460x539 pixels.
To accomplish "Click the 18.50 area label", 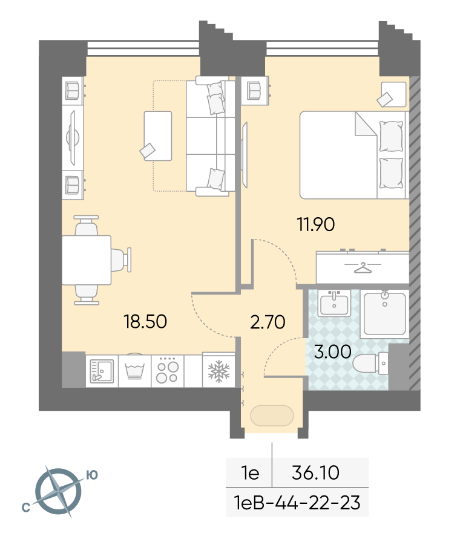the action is point(145,321).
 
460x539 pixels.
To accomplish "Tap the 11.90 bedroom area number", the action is point(316,224).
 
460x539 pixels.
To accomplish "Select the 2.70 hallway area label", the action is point(268,322).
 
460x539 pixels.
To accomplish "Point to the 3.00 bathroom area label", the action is point(333,351).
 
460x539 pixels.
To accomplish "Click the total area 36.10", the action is point(315,472).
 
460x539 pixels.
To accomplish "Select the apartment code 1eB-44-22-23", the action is point(297,503).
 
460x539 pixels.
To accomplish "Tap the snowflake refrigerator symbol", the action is point(218,371).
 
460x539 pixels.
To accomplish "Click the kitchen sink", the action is point(102,371).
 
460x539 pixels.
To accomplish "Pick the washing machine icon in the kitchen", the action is point(134,371).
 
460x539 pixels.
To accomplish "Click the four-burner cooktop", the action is point(167,371).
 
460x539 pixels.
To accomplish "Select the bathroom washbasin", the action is point(334,303).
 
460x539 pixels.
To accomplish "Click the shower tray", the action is point(384,313).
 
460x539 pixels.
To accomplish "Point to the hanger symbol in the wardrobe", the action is point(363,267).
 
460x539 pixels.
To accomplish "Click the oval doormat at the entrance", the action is point(272,416).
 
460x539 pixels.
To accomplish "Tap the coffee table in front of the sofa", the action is point(158,136).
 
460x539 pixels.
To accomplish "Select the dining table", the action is point(87,260).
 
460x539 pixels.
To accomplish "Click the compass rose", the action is point(59,491).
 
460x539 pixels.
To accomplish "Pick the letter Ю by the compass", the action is point(91,475).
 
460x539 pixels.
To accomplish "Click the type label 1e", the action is point(250,472).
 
